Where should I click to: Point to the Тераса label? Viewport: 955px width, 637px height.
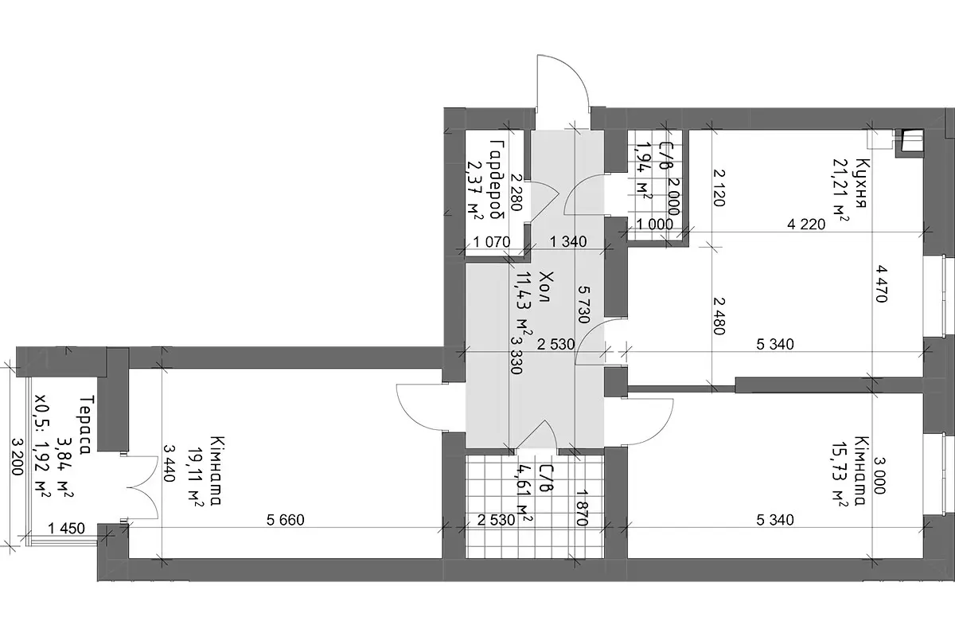[x=86, y=425]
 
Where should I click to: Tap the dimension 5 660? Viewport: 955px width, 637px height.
[x=286, y=520]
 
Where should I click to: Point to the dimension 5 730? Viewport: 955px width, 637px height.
[x=584, y=305]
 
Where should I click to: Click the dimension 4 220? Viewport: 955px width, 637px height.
[x=806, y=224]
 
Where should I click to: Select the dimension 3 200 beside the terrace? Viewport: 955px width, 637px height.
[x=17, y=457]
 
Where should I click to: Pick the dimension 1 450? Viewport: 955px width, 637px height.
[x=67, y=529]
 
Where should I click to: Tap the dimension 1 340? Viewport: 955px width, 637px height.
[x=568, y=242]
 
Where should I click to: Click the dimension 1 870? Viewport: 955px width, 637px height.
[x=583, y=508]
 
